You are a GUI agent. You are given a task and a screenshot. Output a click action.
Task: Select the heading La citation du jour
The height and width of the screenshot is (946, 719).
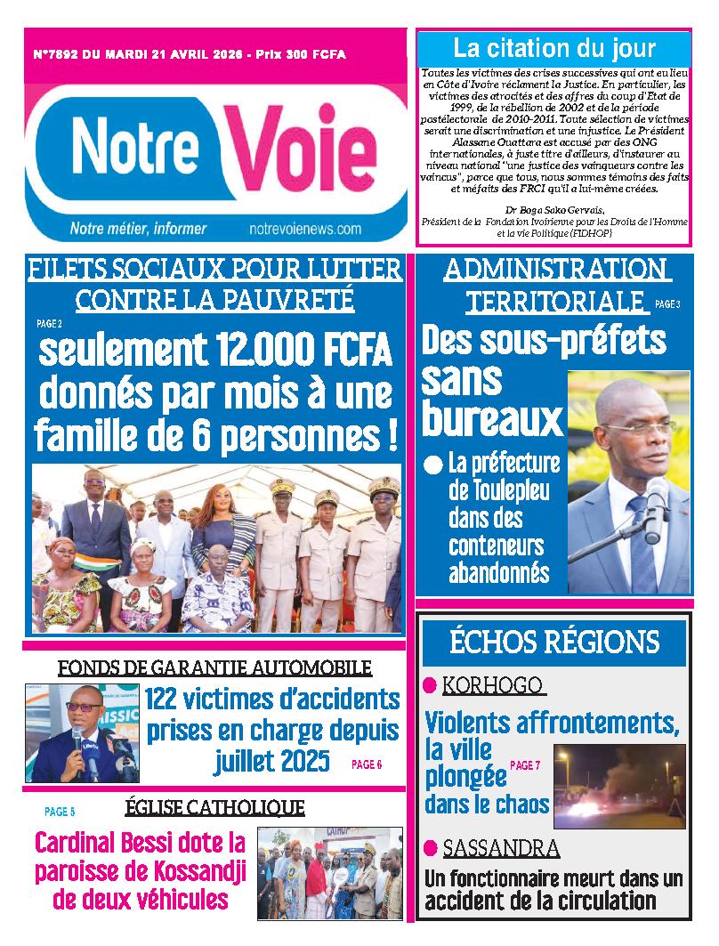pyautogui.click(x=553, y=48)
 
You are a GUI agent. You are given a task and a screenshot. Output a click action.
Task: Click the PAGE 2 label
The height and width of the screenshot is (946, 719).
pyautogui.click(x=49, y=325)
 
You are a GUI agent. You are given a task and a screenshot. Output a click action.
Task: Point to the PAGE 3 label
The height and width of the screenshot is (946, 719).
pyautogui.click(x=667, y=304)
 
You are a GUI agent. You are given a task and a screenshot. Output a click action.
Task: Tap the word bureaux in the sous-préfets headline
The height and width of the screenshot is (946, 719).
pyautogui.click(x=492, y=417)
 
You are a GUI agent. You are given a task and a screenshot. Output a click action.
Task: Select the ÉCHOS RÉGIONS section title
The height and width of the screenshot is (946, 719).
pyautogui.click(x=554, y=641)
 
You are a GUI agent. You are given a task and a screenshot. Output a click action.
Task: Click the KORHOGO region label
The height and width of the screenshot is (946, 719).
pyautogui.click(x=493, y=685)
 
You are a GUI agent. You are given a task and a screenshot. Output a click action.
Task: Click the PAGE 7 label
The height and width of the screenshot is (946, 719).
pyautogui.click(x=525, y=765)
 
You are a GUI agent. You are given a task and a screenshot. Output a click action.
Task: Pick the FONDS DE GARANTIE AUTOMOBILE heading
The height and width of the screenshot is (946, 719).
pyautogui.click(x=214, y=667)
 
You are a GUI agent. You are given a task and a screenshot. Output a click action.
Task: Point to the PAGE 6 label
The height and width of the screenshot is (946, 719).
pyautogui.click(x=367, y=764)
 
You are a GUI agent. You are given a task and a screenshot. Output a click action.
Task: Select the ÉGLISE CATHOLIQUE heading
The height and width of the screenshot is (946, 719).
pyautogui.click(x=214, y=807)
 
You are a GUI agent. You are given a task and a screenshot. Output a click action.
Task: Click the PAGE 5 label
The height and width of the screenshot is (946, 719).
pyautogui.click(x=60, y=812)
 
